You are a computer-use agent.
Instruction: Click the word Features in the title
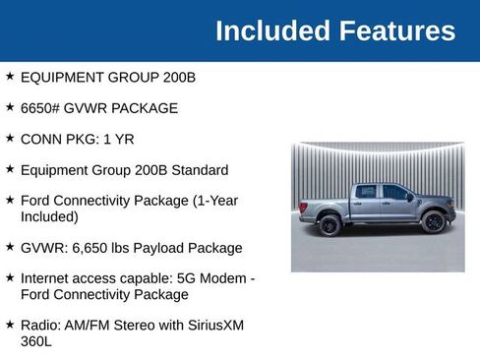397,30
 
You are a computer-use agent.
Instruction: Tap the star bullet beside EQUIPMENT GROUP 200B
10,75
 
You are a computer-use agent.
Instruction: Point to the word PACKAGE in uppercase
144,107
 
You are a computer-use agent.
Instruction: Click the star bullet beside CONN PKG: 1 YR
10,138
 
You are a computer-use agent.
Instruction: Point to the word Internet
48,278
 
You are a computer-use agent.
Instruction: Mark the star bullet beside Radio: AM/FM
10,324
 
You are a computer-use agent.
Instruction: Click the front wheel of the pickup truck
433,222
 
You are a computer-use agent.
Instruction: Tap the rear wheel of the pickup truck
330,225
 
